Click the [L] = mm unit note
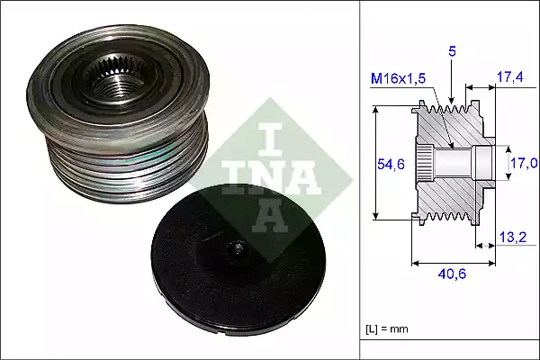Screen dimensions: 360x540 pyautogui.click(x=387, y=328)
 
